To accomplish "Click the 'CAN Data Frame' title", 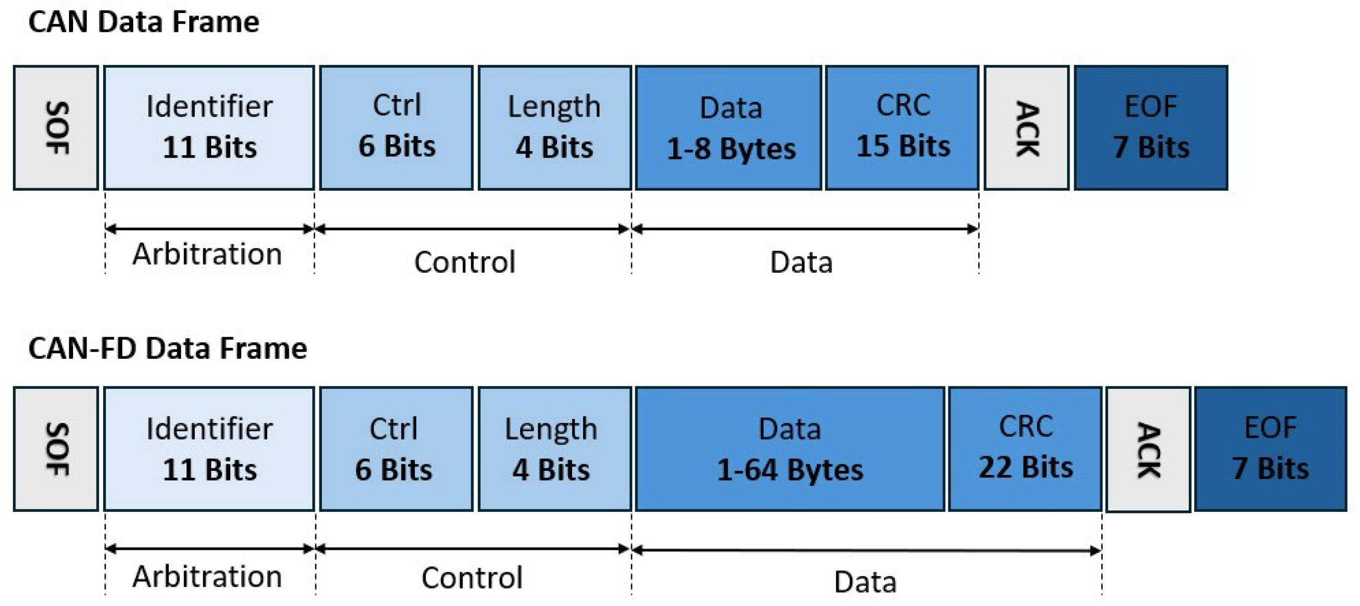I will pyautogui.click(x=144, y=22).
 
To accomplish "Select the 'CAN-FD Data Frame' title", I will pyautogui.click(x=167, y=348).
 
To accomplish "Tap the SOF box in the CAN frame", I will pyautogui.click(x=56, y=128).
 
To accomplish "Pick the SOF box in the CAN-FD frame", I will pyautogui.click(x=56, y=449).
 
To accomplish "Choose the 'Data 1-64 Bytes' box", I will pyautogui.click(x=790, y=449).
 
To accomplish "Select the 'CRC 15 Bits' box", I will pyautogui.click(x=902, y=128).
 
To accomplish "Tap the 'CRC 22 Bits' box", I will pyautogui.click(x=1025, y=449).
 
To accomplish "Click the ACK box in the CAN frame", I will pyautogui.click(x=1026, y=128).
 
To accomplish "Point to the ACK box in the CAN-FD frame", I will pyautogui.click(x=1148, y=449).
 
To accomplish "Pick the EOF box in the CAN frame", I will pyautogui.click(x=1151, y=128).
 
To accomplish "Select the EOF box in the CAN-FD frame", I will pyautogui.click(x=1270, y=449).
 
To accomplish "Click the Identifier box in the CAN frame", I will pyautogui.click(x=209, y=128).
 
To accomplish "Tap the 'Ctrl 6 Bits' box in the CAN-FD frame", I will pyautogui.click(x=396, y=449).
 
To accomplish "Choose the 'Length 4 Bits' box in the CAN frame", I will pyautogui.click(x=554, y=128).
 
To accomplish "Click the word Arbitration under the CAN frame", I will pyautogui.click(x=207, y=254).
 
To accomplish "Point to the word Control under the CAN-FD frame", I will pyautogui.click(x=472, y=577).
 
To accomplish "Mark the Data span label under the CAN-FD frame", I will pyautogui.click(x=865, y=581).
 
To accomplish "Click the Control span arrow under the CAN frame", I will pyautogui.click(x=473, y=229).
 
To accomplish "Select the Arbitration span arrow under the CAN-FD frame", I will pyautogui.click(x=210, y=549).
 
